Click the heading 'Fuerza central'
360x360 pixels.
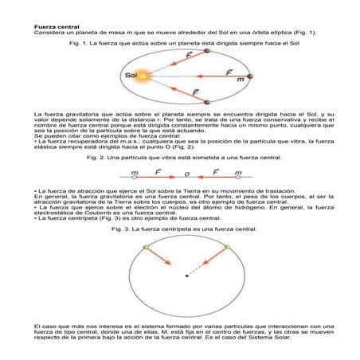point(55,26)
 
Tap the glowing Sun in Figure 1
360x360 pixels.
point(145,76)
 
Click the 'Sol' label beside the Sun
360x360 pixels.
point(131,76)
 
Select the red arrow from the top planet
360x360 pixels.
point(180,62)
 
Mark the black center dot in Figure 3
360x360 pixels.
point(187,276)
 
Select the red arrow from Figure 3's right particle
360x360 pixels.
point(212,260)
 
